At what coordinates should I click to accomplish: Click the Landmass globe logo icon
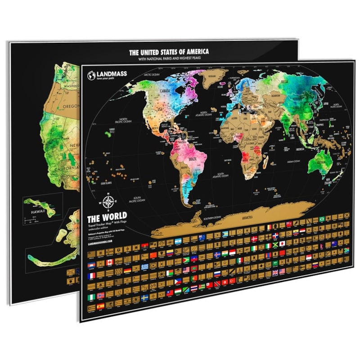click(x=91, y=75)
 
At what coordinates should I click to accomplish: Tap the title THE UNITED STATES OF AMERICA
click(x=169, y=52)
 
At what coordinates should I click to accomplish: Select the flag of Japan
click(x=282, y=243)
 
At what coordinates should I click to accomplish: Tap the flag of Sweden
click(x=145, y=298)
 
